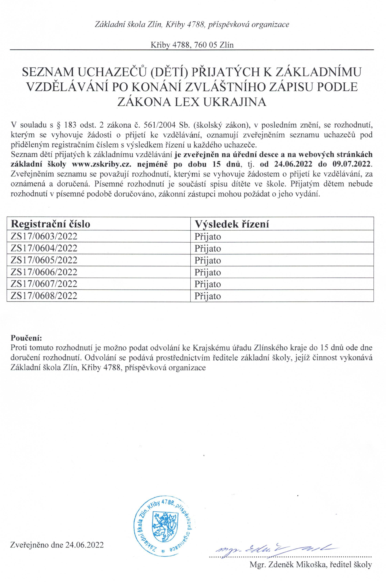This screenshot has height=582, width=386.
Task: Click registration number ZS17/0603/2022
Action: click(x=44, y=236)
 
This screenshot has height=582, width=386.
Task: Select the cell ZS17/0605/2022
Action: click(x=44, y=260)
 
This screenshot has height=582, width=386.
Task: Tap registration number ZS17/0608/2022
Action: click(x=44, y=296)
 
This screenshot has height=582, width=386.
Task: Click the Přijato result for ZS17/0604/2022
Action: click(x=208, y=249)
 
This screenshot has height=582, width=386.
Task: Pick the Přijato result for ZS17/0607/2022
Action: click(x=208, y=284)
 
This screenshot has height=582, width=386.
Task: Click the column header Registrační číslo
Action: click(x=50, y=224)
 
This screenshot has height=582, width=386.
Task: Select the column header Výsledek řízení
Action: click(x=232, y=224)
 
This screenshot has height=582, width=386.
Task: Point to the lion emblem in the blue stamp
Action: click(x=165, y=527)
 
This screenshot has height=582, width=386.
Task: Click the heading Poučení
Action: click(x=26, y=338)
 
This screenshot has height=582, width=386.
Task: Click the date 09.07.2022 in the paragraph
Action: click(x=352, y=164)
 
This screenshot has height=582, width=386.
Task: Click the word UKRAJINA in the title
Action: click(x=235, y=102)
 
